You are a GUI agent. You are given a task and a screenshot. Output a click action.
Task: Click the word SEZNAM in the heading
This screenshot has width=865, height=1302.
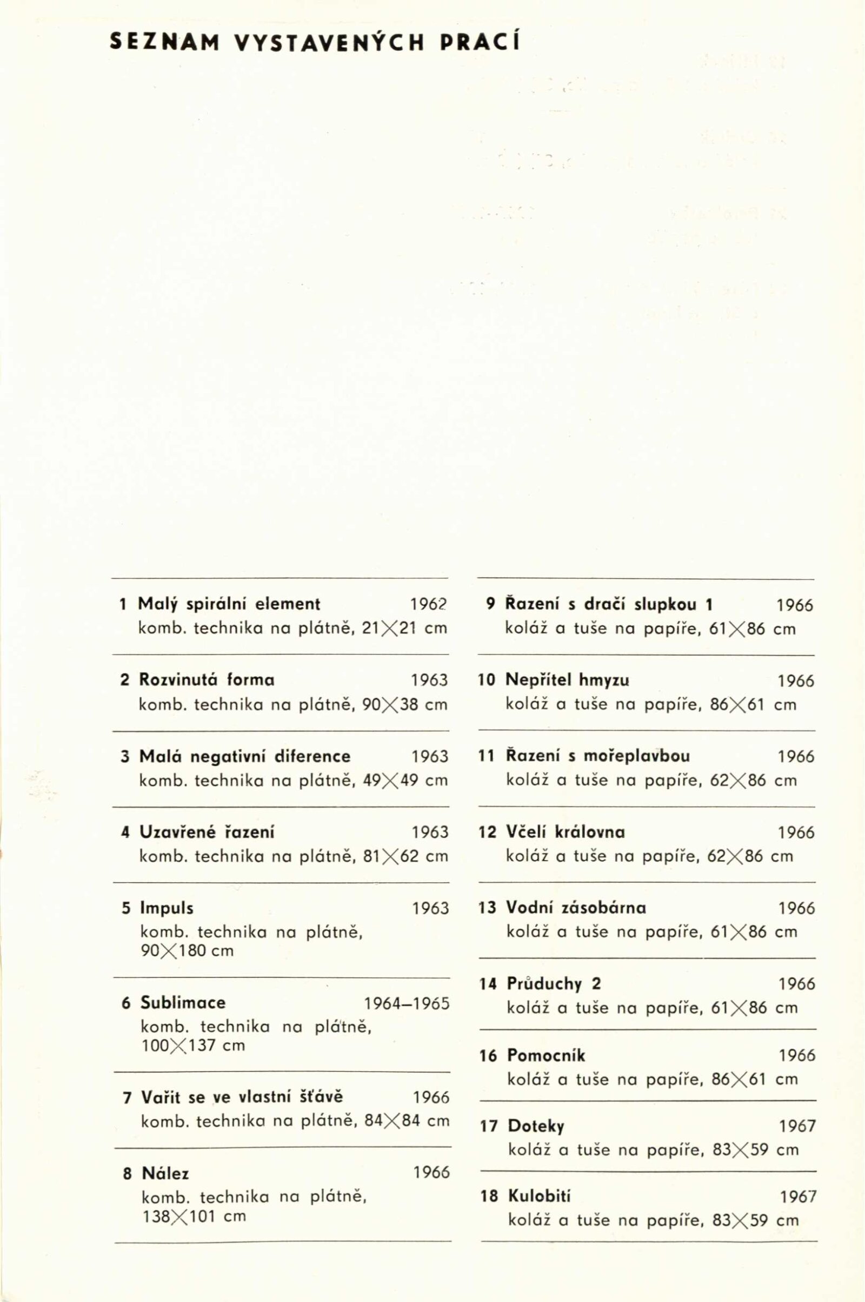(164, 43)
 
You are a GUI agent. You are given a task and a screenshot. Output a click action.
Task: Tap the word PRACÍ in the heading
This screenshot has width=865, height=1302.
(480, 43)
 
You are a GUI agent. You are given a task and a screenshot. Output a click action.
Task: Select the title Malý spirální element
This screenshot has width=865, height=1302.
(229, 604)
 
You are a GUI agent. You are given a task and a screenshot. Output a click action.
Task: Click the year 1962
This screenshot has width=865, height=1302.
(428, 605)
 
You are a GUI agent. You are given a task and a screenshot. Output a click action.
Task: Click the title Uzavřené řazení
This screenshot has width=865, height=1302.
(207, 832)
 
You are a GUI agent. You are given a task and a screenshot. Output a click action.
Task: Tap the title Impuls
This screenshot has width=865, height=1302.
(167, 908)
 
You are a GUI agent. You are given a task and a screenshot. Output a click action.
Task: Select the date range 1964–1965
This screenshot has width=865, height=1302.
(407, 1003)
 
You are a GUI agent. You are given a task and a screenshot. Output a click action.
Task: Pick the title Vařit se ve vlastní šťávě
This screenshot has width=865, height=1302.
(242, 1096)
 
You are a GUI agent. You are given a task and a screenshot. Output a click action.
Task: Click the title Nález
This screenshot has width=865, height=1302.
(165, 1173)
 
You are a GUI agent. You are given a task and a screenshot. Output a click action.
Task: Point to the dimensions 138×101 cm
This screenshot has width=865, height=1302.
(194, 1216)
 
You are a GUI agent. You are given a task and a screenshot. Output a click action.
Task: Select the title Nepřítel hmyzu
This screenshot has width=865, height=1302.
(567, 679)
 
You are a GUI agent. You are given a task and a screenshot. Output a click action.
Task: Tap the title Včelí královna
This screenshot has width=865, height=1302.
(565, 832)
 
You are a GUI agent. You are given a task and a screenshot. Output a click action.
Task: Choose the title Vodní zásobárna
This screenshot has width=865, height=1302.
(576, 907)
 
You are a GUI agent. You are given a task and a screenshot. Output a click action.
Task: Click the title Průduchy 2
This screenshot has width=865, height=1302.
(554, 983)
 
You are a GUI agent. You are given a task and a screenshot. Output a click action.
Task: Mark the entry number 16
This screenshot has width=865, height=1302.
(488, 1056)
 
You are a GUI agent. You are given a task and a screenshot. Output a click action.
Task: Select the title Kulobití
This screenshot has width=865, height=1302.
(539, 1196)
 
